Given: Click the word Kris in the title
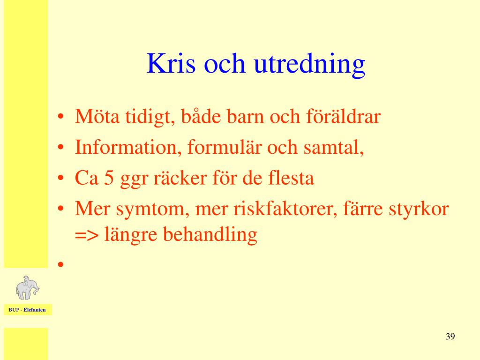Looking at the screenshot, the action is pos(171,63).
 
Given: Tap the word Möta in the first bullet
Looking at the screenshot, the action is pos(97,116).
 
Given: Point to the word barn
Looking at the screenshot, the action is pos(245,117).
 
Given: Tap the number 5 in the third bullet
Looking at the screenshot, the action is pos(109,178).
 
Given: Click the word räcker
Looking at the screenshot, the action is pos(180,178).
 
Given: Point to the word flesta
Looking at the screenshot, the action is pos(291,178).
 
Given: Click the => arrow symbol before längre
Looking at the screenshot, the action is pos(87,235).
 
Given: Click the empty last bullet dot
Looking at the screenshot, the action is pos(60,264).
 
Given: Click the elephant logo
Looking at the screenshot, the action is pos(27,288).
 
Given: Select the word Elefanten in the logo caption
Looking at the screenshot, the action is pos(35,310).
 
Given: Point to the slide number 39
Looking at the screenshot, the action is pos(450,337).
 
